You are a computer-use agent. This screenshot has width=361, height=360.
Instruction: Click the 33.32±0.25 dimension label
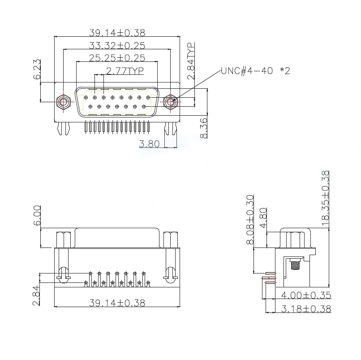(117, 45)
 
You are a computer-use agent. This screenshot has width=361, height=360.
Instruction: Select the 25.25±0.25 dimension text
(117, 58)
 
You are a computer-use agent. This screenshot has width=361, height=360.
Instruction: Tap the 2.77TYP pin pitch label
(125, 70)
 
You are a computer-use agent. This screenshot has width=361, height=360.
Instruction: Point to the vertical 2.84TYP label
(191, 61)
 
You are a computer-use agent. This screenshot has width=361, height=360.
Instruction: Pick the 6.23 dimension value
(37, 69)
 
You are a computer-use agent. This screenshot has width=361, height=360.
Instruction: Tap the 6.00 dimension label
(37, 216)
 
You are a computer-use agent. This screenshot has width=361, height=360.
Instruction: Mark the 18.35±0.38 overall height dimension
(326, 198)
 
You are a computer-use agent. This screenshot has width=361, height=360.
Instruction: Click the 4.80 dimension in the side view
(263, 217)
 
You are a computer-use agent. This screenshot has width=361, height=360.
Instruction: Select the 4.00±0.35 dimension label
(306, 295)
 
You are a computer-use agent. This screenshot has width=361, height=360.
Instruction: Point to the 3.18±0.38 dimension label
(306, 309)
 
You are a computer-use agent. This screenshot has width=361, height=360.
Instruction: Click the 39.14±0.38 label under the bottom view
(117, 303)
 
